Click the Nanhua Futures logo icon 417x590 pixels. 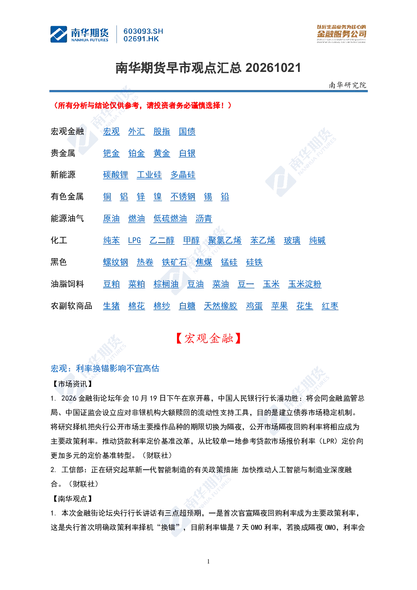(59, 34)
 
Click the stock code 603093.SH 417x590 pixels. (143, 31)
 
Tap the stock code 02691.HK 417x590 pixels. (141, 39)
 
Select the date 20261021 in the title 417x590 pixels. (273, 68)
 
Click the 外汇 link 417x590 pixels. (136, 132)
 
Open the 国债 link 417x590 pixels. (187, 132)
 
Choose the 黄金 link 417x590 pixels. (162, 153)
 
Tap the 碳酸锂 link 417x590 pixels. (116, 175)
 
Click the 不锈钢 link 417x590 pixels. (183, 197)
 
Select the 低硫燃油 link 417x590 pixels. (170, 219)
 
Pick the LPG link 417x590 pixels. (134, 241)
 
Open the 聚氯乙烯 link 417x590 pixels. (225, 241)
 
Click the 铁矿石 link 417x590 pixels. (174, 262)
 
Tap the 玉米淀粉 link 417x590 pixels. (305, 284)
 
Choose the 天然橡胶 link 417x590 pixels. (221, 306)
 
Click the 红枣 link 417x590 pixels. (330, 306)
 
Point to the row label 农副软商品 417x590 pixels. (71, 306)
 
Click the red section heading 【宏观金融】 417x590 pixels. (208, 339)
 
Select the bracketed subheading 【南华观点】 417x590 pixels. (72, 499)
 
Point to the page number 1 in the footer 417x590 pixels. (208, 561)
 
